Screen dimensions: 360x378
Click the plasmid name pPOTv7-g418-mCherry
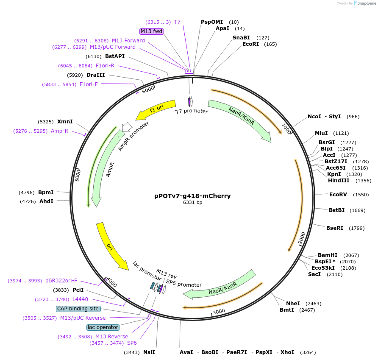192,196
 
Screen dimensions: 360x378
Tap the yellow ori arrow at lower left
111,246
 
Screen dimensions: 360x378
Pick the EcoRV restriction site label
338,195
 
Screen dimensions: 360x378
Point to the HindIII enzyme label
339,181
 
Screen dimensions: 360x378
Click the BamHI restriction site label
328,255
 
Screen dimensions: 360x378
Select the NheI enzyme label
293,304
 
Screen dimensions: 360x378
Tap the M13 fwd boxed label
152,31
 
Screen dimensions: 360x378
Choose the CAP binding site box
78,309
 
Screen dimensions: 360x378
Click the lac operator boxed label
103,327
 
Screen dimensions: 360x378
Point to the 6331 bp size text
192,203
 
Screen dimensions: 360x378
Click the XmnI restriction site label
65,122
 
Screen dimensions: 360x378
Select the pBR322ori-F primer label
61,281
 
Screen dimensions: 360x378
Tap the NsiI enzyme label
149,352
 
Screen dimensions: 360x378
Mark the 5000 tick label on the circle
78,174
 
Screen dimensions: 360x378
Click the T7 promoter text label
192,112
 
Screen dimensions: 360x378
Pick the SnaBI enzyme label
241,38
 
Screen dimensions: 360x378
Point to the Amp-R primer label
59,131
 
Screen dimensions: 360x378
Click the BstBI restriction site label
337,210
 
